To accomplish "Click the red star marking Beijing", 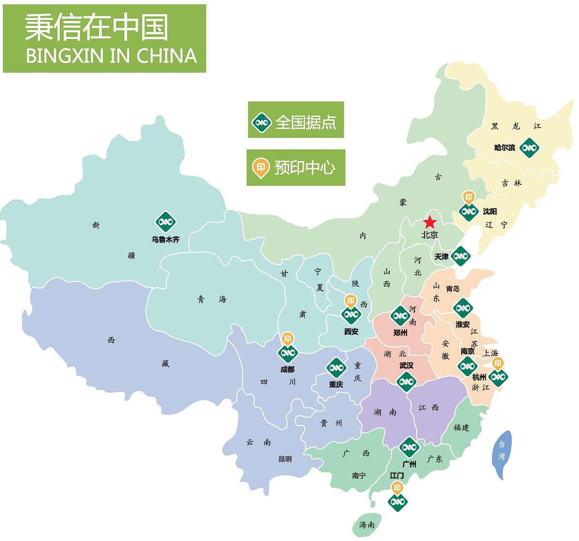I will pyautogui.click(x=429, y=223).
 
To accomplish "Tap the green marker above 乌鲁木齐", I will pyautogui.click(x=165, y=222).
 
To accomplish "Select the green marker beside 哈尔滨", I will pyautogui.click(x=529, y=148).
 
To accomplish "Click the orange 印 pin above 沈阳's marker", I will pyautogui.click(x=469, y=197).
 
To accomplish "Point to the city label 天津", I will pyautogui.click(x=442, y=257).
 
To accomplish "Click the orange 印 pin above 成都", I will pyautogui.click(x=288, y=339).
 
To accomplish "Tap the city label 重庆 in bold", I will pyautogui.click(x=336, y=384).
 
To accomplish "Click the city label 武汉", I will pyautogui.click(x=406, y=365).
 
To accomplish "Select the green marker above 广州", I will pyautogui.click(x=409, y=447).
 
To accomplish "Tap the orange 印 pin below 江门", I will pyautogui.click(x=397, y=488).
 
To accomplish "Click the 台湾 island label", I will pyautogui.click(x=502, y=450).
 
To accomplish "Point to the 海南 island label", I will pyautogui.click(x=367, y=525).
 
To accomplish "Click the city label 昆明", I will pyautogui.click(x=285, y=459).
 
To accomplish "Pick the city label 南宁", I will pyautogui.click(x=359, y=475).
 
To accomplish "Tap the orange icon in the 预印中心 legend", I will pyautogui.click(x=261, y=168).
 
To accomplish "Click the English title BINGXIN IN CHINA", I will pyautogui.click(x=111, y=56).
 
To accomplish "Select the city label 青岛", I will pyautogui.click(x=452, y=289).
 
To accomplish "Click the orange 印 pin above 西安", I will pyautogui.click(x=351, y=301).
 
